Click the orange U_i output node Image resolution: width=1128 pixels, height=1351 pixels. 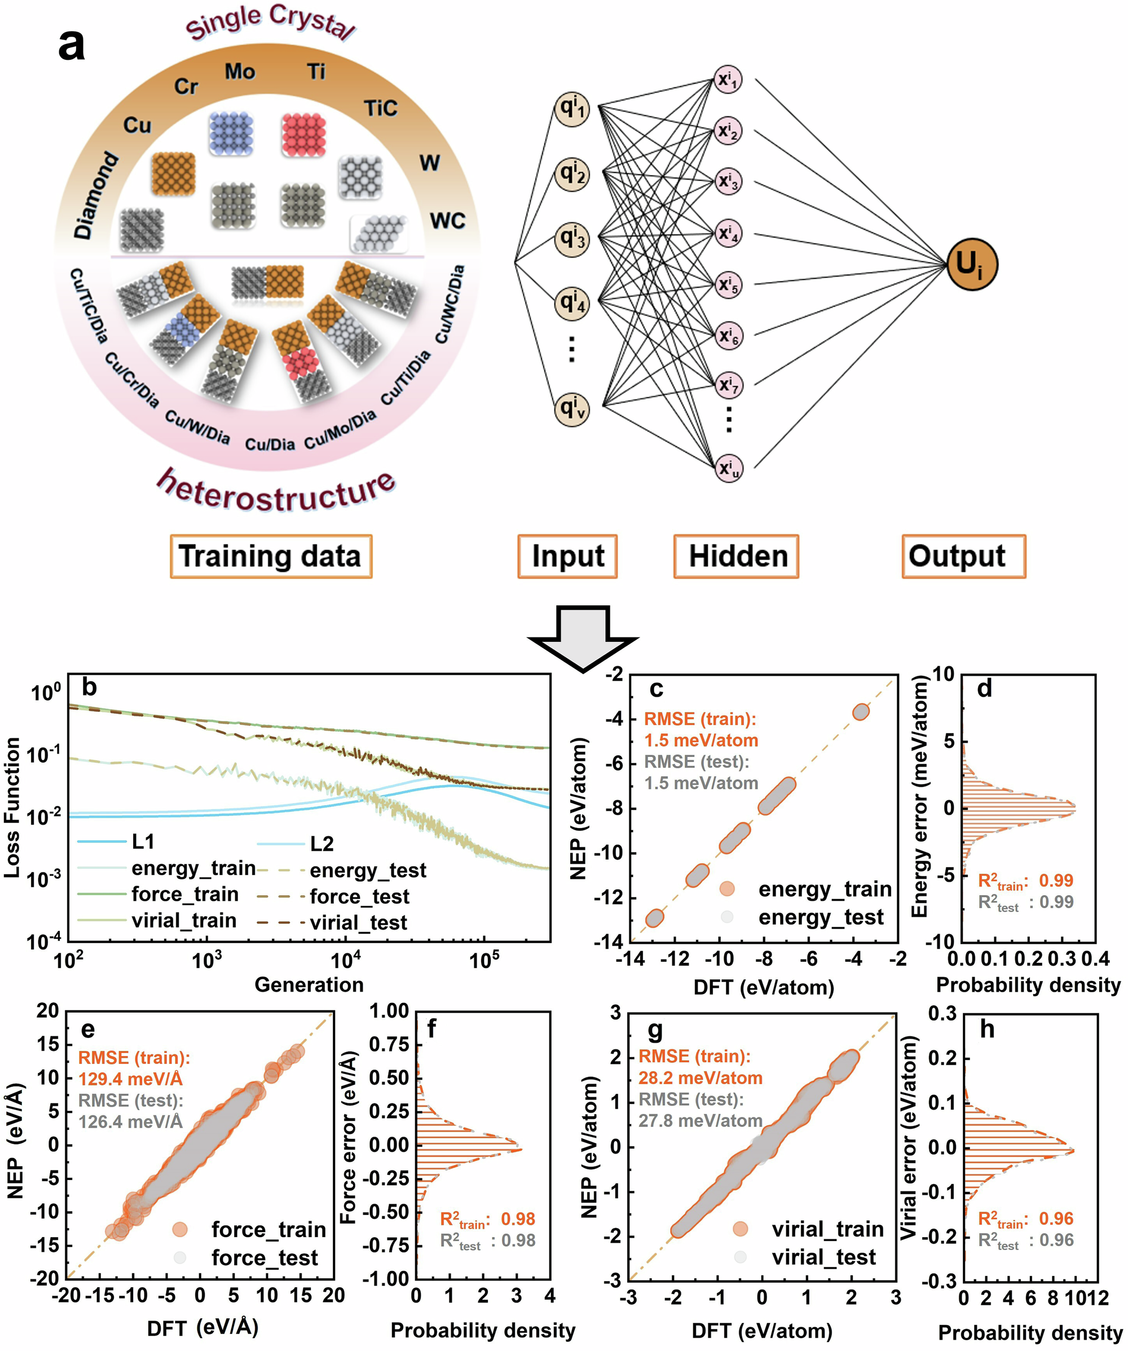point(971,265)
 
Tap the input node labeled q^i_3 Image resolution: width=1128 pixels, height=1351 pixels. point(572,238)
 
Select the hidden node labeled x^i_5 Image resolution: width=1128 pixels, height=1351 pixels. point(729,284)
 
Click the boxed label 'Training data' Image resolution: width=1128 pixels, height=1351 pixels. point(270,556)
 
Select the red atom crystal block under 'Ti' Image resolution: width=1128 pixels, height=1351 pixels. point(303,135)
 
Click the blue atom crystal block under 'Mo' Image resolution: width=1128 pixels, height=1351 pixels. point(231,133)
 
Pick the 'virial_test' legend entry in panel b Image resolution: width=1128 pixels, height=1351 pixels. point(358,922)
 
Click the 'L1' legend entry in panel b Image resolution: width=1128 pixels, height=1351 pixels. point(143,842)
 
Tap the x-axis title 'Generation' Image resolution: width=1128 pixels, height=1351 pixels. point(309,984)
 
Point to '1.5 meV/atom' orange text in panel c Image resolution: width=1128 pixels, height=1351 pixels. point(701,740)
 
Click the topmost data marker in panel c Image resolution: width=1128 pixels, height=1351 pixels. point(861,711)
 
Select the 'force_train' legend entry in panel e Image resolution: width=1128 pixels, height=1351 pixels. point(268,1229)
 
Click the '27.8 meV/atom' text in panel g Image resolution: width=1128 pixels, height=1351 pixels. point(700,1120)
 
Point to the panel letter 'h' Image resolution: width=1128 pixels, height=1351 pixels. point(986,1029)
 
